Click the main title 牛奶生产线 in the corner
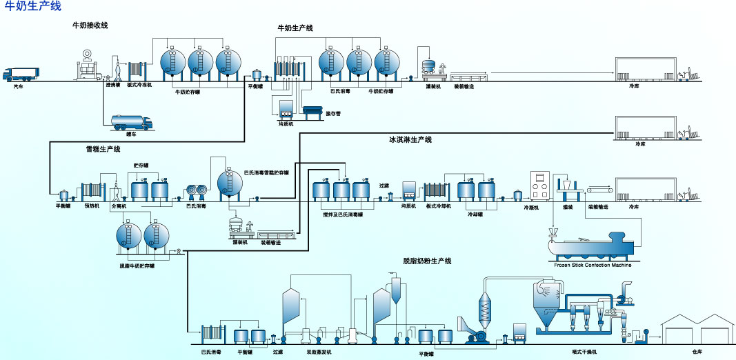(33, 7)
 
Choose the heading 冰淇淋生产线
(410, 140)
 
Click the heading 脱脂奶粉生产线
(427, 261)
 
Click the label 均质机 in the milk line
(286, 124)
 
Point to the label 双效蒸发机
(319, 352)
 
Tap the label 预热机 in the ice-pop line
(92, 206)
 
